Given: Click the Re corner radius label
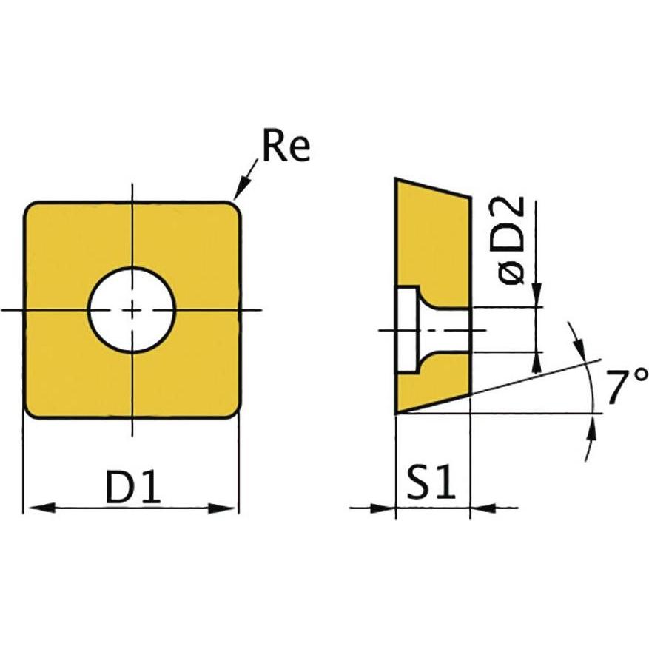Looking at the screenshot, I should tap(286, 149).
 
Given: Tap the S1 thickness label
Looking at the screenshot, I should tap(431, 485).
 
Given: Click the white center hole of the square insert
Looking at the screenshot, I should tap(132, 309).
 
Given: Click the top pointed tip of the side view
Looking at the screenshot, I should tap(397, 180).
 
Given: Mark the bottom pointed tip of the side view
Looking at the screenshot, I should tap(397, 411).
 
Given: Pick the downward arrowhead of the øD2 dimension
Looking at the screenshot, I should tap(537, 295).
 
